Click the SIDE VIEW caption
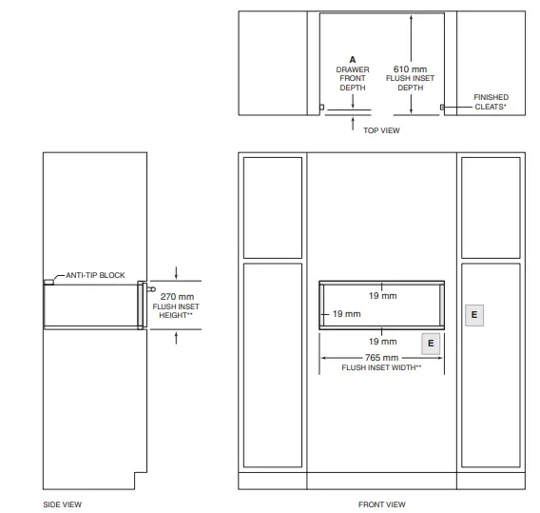[x=63, y=504]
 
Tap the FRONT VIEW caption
[x=381, y=504]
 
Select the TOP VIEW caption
[x=381, y=130]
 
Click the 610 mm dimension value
[x=410, y=69]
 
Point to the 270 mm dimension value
[x=177, y=297]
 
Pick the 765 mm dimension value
[x=381, y=358]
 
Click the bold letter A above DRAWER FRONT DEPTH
[x=353, y=60]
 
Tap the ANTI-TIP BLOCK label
[x=95, y=275]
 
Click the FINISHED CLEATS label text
[x=491, y=102]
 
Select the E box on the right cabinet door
[x=474, y=315]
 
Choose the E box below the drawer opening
[x=431, y=344]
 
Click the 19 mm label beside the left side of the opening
[x=347, y=314]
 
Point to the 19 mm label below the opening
[x=382, y=342]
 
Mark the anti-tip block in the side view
[x=48, y=282]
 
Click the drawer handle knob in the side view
[x=151, y=289]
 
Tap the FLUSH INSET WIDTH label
[x=381, y=367]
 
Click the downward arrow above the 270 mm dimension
[x=176, y=273]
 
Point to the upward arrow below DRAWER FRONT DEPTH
[x=353, y=124]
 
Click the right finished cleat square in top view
[x=442, y=108]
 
